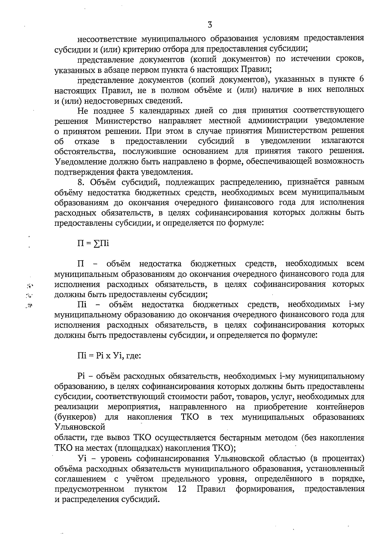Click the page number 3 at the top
[210, 25]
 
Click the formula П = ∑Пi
[93, 243]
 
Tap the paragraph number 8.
[80, 182]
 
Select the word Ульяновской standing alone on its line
[80, 427]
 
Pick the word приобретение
[281, 407]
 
